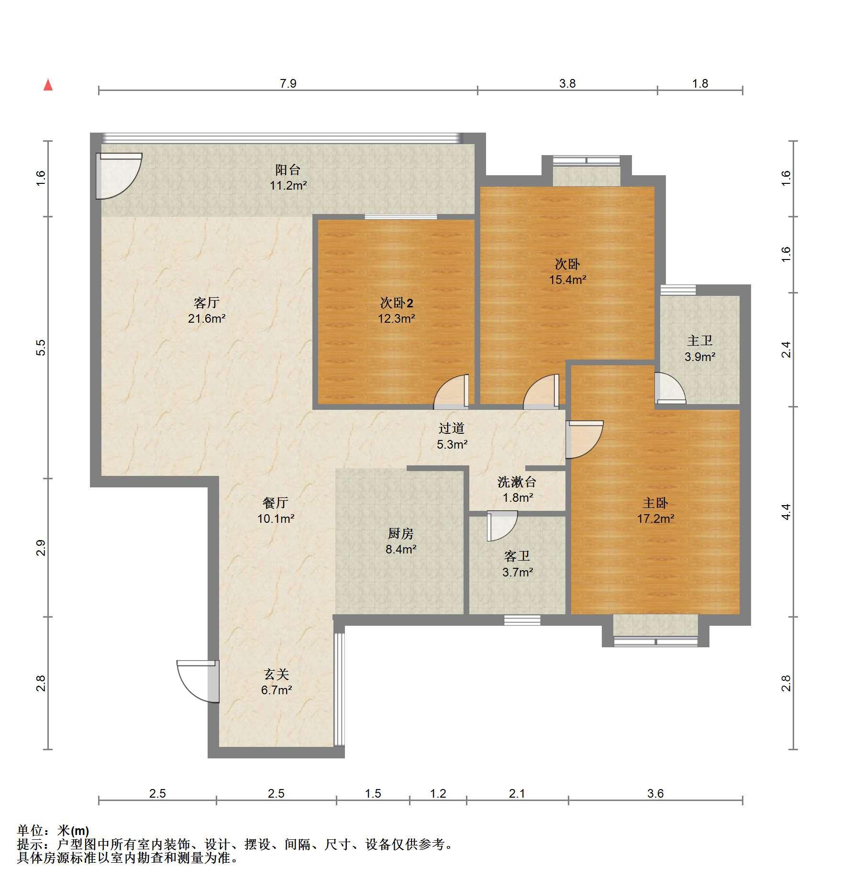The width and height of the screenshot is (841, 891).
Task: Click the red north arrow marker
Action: point(48,85)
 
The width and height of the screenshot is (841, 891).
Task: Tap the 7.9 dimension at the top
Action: point(288,84)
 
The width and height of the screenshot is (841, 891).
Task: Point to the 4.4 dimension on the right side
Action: point(786,512)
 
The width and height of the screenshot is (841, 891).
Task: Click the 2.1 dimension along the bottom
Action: point(517,793)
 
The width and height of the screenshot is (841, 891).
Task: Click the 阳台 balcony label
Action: point(288,169)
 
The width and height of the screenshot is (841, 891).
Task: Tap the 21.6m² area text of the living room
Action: point(207,318)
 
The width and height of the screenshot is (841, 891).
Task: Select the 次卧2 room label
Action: point(397,303)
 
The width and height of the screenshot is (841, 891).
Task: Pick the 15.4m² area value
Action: point(568,280)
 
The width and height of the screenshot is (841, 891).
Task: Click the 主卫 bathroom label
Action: point(700,340)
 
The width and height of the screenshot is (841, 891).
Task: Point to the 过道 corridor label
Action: point(452,428)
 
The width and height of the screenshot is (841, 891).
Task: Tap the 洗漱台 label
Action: point(517,482)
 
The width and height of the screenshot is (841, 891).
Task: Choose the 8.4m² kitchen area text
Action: point(401,549)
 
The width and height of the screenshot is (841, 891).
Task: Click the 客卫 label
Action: point(517,556)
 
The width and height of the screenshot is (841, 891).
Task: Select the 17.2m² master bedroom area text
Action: point(656,519)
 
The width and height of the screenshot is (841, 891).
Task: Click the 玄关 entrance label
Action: point(277,675)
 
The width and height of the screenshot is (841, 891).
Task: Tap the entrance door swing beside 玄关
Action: point(198,681)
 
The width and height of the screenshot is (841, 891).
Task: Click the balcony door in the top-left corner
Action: point(119,175)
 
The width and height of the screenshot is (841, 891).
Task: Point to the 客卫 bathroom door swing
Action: point(502,526)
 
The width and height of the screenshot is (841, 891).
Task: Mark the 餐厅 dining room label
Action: point(276,503)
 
